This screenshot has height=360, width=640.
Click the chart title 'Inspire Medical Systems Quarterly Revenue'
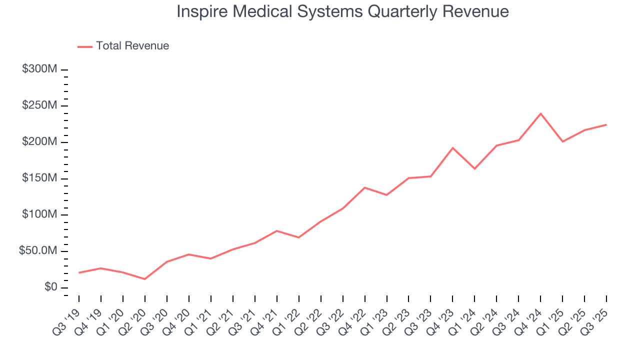342,11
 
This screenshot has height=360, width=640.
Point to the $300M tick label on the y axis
39,69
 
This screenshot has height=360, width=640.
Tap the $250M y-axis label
39,106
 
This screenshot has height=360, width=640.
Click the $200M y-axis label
39,142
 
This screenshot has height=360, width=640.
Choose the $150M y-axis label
39,178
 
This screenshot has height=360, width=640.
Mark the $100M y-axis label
39,215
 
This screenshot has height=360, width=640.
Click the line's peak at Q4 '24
540,113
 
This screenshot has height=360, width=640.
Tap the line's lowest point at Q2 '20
145,279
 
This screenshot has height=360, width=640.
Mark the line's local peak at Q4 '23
452,148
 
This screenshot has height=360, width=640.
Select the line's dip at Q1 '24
474,168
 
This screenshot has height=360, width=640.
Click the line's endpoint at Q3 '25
606,124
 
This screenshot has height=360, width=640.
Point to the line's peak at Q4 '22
364,187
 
